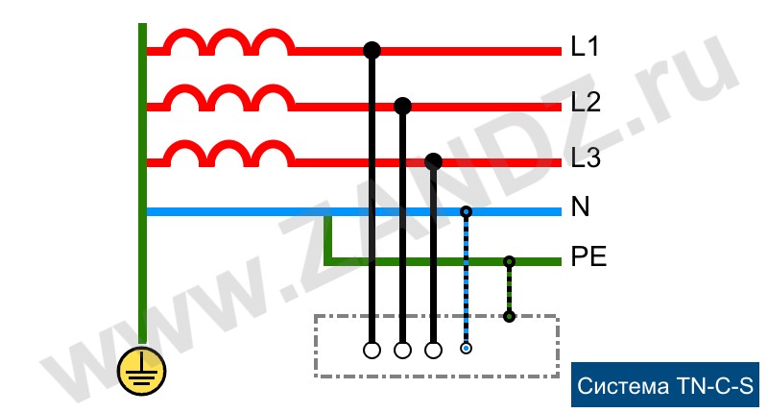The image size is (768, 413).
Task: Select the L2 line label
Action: (585, 102)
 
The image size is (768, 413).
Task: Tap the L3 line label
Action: (585, 158)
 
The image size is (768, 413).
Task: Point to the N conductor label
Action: (580, 208)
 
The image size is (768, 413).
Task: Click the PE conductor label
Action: (588, 257)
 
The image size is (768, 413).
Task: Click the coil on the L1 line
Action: (228, 41)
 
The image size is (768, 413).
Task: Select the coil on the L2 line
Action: (228, 97)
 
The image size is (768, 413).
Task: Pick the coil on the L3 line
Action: (228, 152)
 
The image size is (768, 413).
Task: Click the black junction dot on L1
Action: (372, 50)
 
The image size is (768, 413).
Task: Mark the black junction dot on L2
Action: (403, 105)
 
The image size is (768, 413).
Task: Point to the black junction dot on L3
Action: (434, 160)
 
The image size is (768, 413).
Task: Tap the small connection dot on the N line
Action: (467, 211)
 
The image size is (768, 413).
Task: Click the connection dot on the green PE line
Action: (509, 260)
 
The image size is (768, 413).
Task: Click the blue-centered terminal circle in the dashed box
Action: (466, 349)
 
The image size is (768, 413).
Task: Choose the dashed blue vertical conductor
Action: (467, 279)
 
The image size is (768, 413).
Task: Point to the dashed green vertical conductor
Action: (509, 288)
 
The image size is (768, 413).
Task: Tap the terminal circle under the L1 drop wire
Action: (372, 350)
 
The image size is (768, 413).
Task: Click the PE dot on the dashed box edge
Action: (509, 316)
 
